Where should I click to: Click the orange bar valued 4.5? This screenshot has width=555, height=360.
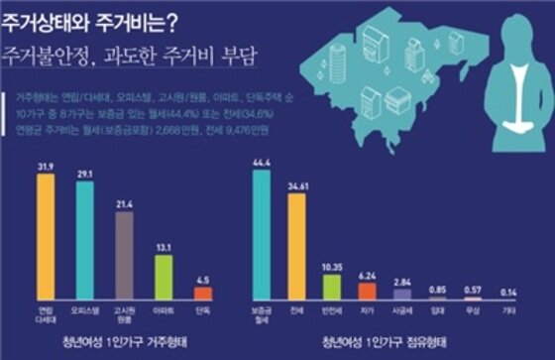coord(203,293)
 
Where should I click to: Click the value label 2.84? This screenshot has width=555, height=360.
coord(401,282)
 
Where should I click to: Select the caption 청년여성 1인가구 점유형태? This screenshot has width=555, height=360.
coord(385,343)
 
